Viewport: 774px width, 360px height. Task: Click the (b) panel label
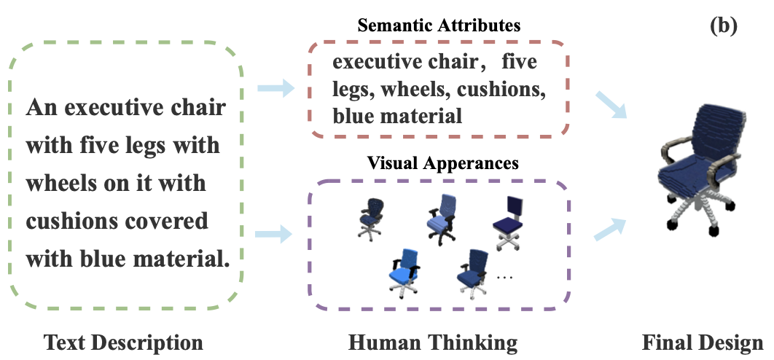tap(723, 26)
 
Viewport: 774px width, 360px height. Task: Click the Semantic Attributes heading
tap(439, 26)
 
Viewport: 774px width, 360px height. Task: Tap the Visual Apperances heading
tap(443, 163)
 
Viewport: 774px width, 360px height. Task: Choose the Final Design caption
tap(703, 342)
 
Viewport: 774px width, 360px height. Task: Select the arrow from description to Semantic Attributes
tap(275, 89)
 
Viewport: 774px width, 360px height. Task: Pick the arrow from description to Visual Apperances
tap(275, 234)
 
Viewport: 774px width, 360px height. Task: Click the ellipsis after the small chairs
tap(504, 277)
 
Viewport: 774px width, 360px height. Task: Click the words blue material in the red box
tap(397, 115)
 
